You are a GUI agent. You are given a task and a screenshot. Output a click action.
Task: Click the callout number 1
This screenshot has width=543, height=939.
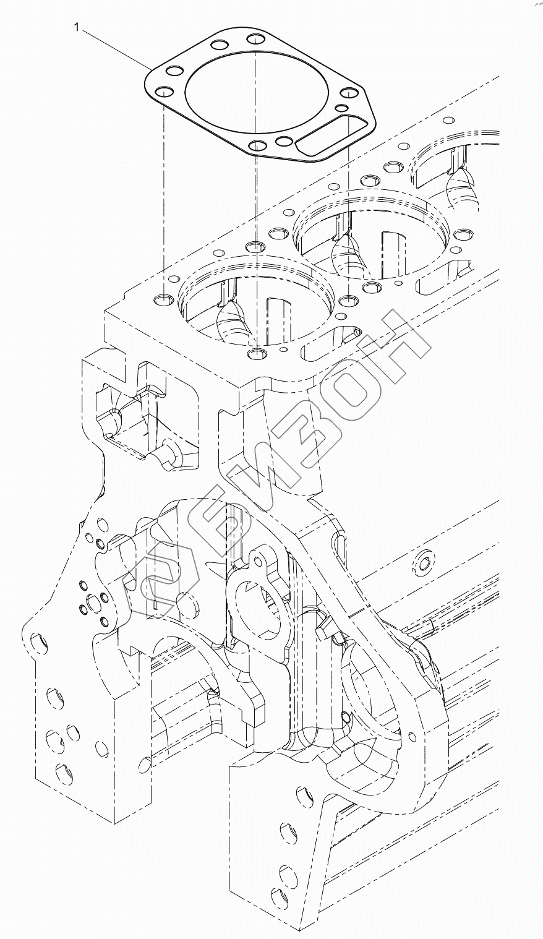pyautogui.click(x=76, y=27)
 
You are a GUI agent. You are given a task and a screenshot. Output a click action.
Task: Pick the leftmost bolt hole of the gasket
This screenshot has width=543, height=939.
pyautogui.click(x=163, y=93)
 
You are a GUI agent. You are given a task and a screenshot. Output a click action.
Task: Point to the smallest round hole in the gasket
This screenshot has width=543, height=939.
pyautogui.click(x=341, y=108)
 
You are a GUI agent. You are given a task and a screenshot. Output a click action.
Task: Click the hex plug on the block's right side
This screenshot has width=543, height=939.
pyautogui.click(x=424, y=563)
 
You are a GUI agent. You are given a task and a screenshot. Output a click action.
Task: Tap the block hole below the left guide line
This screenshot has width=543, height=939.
pyautogui.click(x=163, y=300)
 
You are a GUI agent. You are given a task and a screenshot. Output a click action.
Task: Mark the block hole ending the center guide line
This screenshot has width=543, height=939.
pyautogui.click(x=255, y=354)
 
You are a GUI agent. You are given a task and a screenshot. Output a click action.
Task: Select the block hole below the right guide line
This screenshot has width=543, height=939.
pyautogui.click(x=348, y=301)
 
